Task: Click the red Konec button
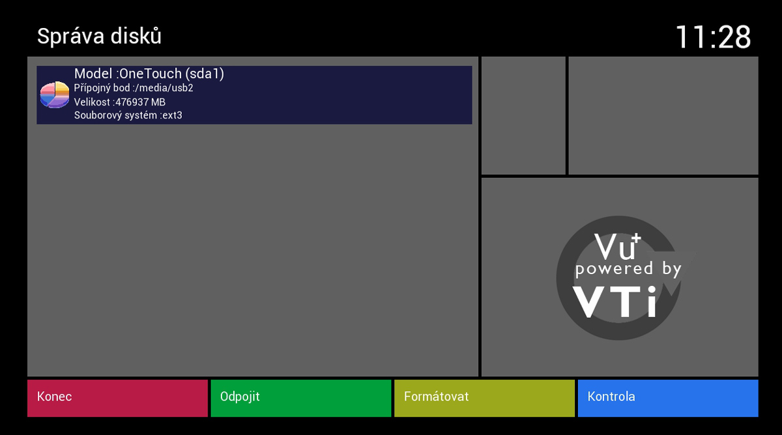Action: [117, 398]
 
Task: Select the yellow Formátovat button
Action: [484, 398]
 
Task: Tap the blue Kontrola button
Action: [667, 398]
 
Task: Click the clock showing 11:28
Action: [713, 37]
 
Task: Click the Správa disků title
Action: [99, 36]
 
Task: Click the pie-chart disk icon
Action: [55, 95]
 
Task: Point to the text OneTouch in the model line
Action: [151, 74]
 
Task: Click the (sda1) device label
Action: [205, 74]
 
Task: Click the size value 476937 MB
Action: [140, 102]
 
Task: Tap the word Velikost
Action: [92, 102]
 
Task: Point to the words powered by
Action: [628, 268]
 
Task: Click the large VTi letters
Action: [615, 300]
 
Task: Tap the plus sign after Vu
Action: [637, 238]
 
